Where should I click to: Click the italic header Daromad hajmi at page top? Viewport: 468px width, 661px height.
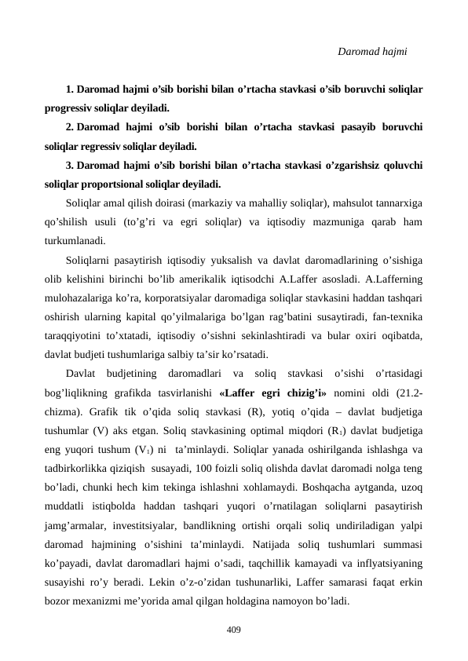371,52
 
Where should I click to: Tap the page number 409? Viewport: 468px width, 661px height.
233,629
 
